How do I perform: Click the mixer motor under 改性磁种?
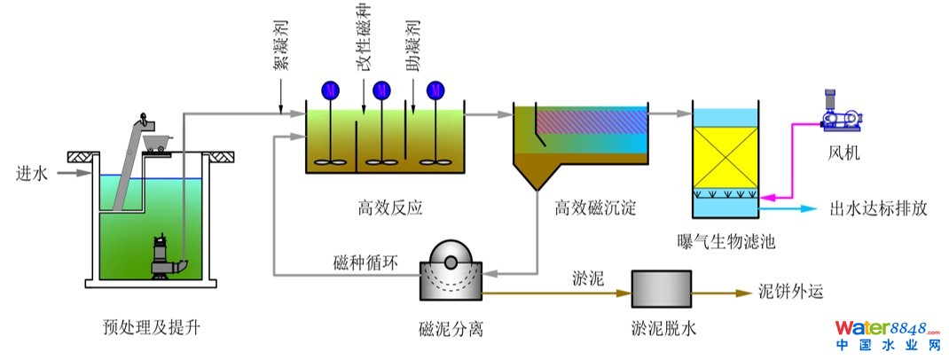382,90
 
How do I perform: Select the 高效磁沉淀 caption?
595,209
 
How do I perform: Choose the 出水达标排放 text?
878,209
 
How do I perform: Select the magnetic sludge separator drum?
450,266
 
